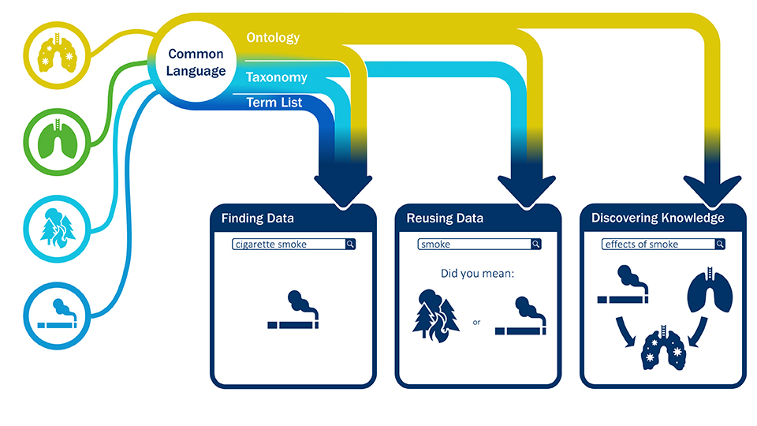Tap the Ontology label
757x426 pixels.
pos(273,38)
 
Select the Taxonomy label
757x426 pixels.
pos(276,77)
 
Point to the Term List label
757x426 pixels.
pos(274,103)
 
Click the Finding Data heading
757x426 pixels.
pos(257,218)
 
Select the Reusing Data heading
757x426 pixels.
pos(445,218)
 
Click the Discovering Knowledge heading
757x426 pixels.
pos(658,218)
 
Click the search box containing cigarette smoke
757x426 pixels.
pos(289,245)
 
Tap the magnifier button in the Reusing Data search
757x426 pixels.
pos(536,245)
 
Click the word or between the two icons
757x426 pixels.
pos(476,322)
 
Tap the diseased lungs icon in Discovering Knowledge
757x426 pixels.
pos(661,349)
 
